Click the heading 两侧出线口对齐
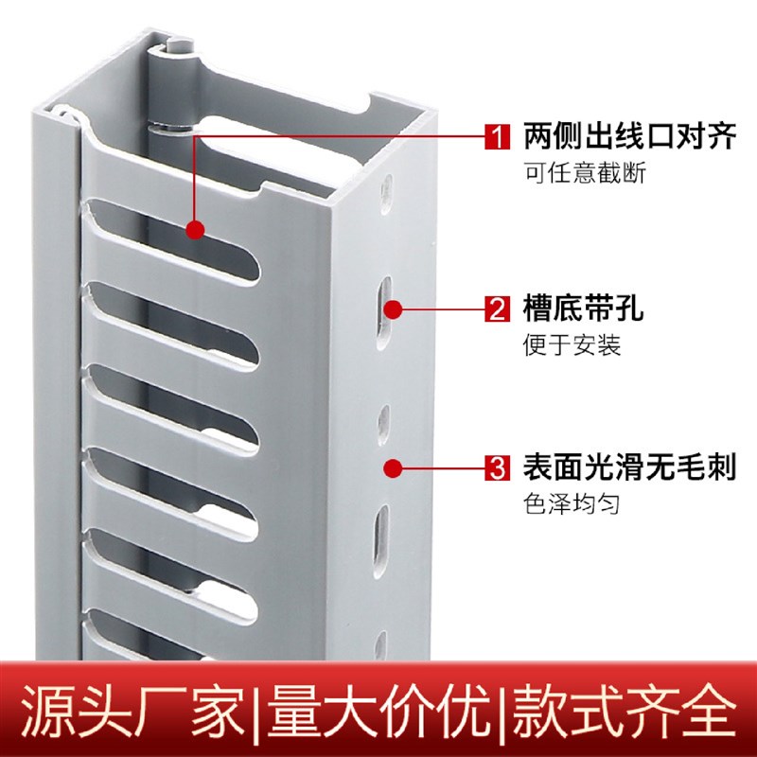click(629, 138)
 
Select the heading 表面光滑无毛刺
click(629, 467)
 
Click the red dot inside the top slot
click(195, 229)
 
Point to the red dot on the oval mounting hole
click(395, 308)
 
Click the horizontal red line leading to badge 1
click(341, 137)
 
